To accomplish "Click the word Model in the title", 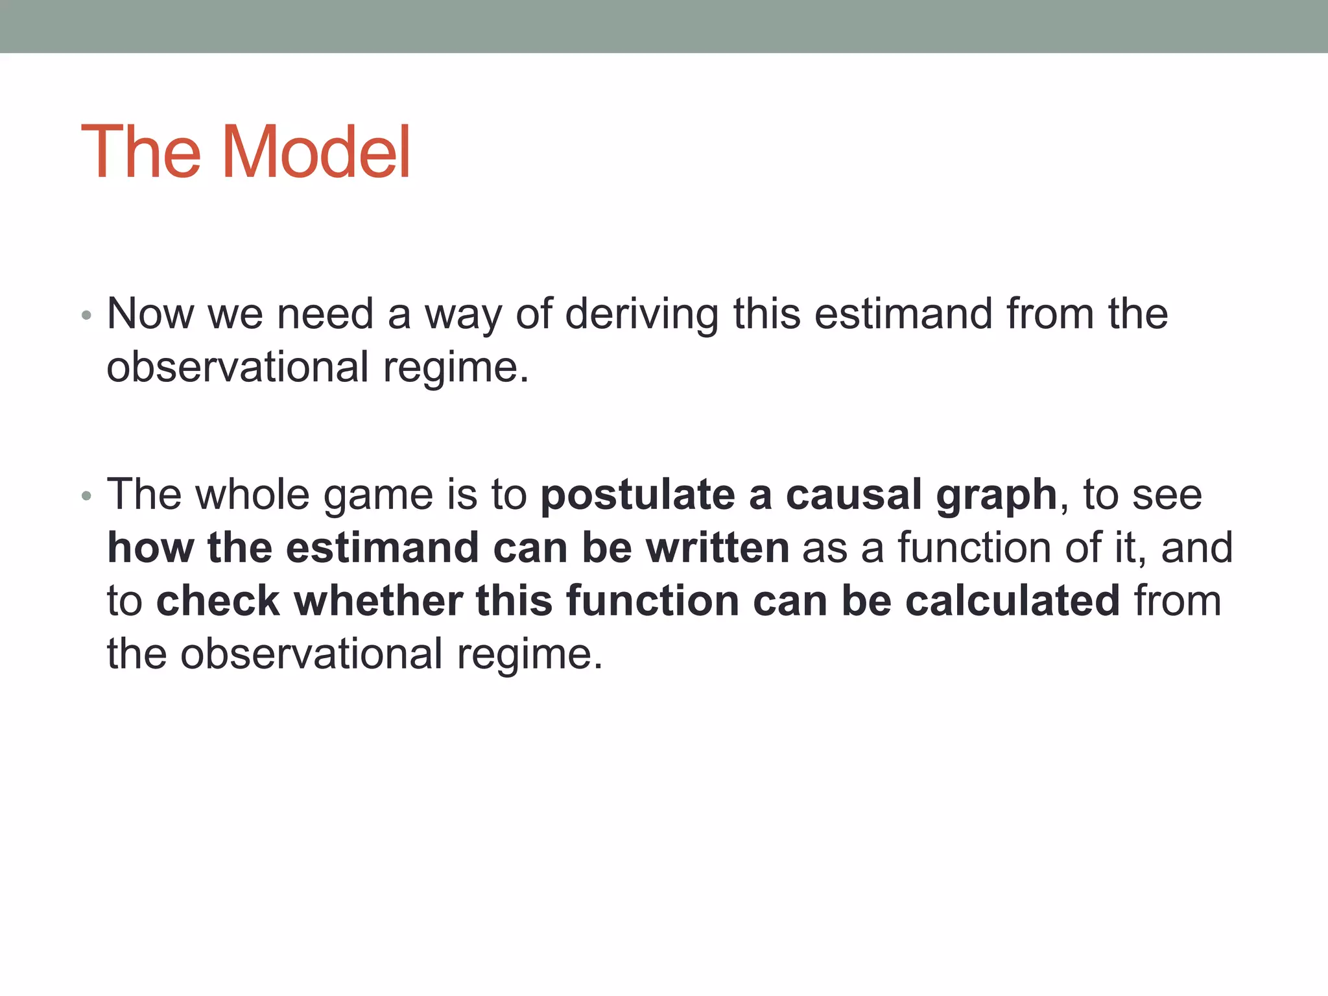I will (x=316, y=152).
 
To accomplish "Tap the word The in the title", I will (x=141, y=152).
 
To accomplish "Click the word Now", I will (x=150, y=314).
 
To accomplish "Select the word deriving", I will (x=642, y=314).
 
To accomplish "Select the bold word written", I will (x=717, y=548).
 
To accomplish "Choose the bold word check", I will (x=218, y=600).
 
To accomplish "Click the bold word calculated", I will (x=1012, y=600).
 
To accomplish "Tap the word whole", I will (x=253, y=495).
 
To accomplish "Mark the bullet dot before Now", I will (x=87, y=316).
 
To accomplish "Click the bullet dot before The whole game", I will (x=87, y=497).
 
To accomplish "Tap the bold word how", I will (x=150, y=548).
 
